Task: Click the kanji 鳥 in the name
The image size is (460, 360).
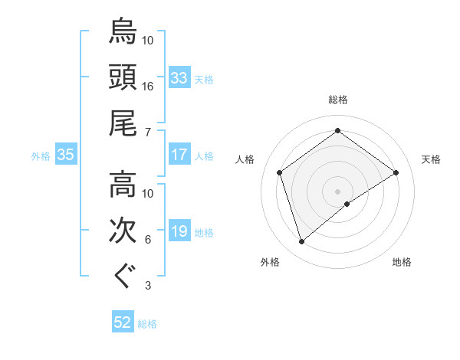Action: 123,31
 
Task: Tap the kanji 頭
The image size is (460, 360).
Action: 123,77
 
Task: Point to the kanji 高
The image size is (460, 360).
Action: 123,185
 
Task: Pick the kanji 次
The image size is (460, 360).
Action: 123,231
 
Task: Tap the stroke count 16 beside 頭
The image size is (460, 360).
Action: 148,87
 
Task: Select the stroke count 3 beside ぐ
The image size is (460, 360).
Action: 147,286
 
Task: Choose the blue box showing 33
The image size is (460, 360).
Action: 179,78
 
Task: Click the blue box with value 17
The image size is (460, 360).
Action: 179,155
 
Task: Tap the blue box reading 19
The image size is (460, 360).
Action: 179,231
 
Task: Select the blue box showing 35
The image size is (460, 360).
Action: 65,155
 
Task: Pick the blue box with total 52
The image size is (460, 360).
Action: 123,322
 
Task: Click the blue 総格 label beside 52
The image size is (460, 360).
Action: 147,324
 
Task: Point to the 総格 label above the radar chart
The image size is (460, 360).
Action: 337,100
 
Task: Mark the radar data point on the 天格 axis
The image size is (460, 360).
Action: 396,172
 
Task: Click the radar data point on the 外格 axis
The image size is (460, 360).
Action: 302,242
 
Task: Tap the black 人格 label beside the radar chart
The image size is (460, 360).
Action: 245,159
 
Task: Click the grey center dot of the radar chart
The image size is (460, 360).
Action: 337,190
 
